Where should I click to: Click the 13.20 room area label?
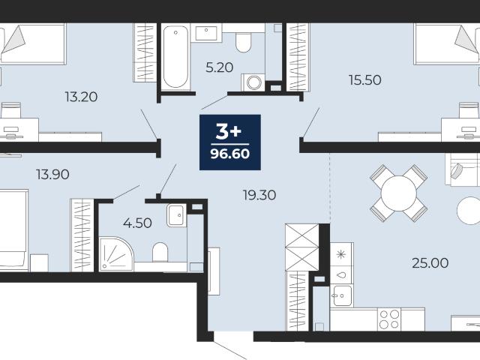(81, 97)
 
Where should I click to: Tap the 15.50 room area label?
(365, 80)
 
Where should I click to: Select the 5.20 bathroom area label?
(220, 67)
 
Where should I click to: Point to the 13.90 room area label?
(52, 175)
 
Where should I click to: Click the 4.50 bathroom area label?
(137, 223)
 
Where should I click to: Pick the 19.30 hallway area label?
(259, 195)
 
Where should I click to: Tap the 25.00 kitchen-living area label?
(430, 263)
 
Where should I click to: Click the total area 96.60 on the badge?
(230, 154)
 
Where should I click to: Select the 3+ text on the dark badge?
(229, 132)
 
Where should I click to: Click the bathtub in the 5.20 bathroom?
(175, 58)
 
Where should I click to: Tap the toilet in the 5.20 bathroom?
(244, 42)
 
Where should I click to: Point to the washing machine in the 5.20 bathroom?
(253, 82)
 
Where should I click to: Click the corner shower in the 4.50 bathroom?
(115, 254)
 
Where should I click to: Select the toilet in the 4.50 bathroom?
(160, 252)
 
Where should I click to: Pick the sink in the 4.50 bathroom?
(177, 215)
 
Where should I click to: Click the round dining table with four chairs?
(398, 193)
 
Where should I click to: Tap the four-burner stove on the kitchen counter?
(389, 319)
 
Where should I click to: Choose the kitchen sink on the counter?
(342, 295)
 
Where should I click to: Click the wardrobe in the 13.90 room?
(82, 235)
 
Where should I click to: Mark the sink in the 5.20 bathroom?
(206, 33)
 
